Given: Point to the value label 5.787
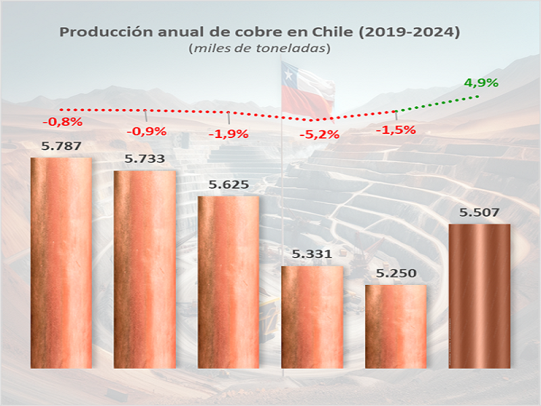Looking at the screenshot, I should [x=61, y=145].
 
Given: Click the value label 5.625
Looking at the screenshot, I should [x=229, y=185].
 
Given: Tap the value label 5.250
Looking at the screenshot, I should [x=396, y=273].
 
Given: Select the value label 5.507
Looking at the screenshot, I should [x=479, y=212].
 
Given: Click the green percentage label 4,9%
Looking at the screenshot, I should [x=481, y=83].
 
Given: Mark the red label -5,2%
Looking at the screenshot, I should [x=319, y=134].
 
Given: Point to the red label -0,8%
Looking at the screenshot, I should [x=62, y=122].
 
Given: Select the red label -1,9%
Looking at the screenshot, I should [x=229, y=133].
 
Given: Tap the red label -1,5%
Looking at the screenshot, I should [x=396, y=129].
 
